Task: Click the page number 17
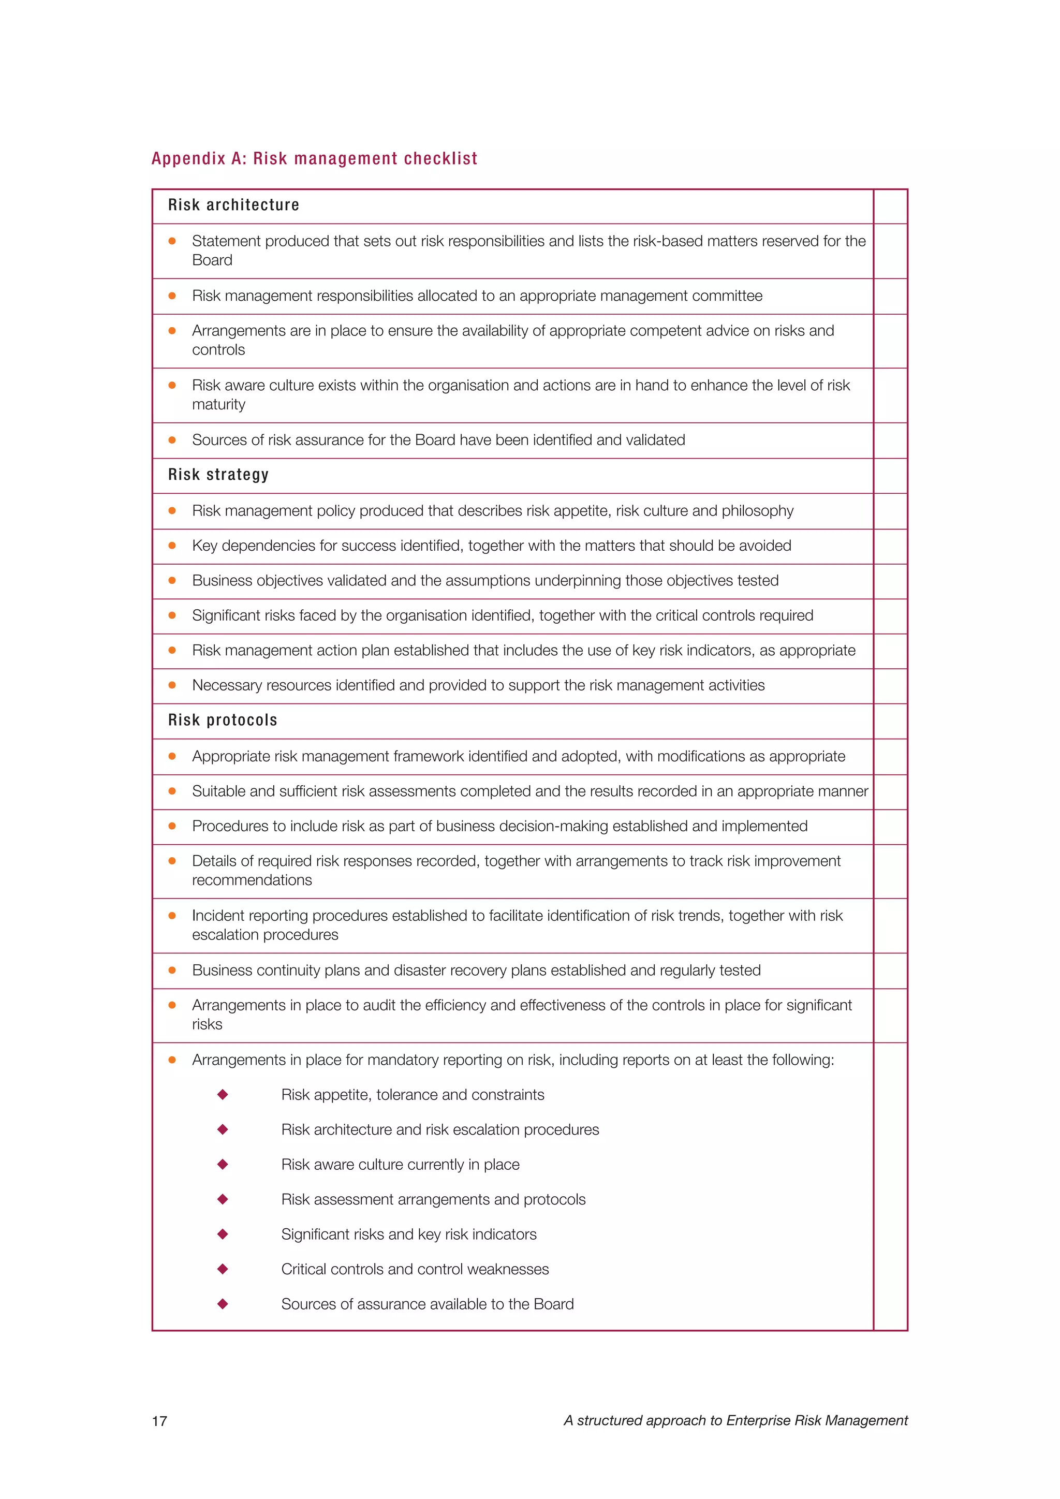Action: tap(159, 1421)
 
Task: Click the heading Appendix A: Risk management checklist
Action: tap(314, 159)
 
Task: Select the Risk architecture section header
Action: tap(233, 205)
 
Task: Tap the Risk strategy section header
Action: tap(218, 475)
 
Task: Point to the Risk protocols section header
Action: tap(222, 720)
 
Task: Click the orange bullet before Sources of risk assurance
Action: tap(172, 440)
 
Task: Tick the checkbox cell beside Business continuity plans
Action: tap(890, 971)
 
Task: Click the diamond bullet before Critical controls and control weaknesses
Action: tap(223, 1269)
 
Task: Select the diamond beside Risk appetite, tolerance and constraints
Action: tap(223, 1095)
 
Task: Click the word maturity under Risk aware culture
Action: tap(218, 405)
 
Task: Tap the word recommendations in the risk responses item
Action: tap(252, 880)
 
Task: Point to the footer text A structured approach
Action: tap(735, 1421)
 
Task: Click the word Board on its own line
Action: tap(212, 260)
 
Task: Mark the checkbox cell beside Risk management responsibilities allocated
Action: tap(890, 297)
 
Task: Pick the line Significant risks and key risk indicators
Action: tap(408, 1235)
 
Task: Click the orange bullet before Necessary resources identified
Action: tap(172, 685)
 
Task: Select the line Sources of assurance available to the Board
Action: tap(427, 1304)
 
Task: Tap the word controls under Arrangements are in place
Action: tap(218, 350)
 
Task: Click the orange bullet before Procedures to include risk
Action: tap(172, 827)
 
